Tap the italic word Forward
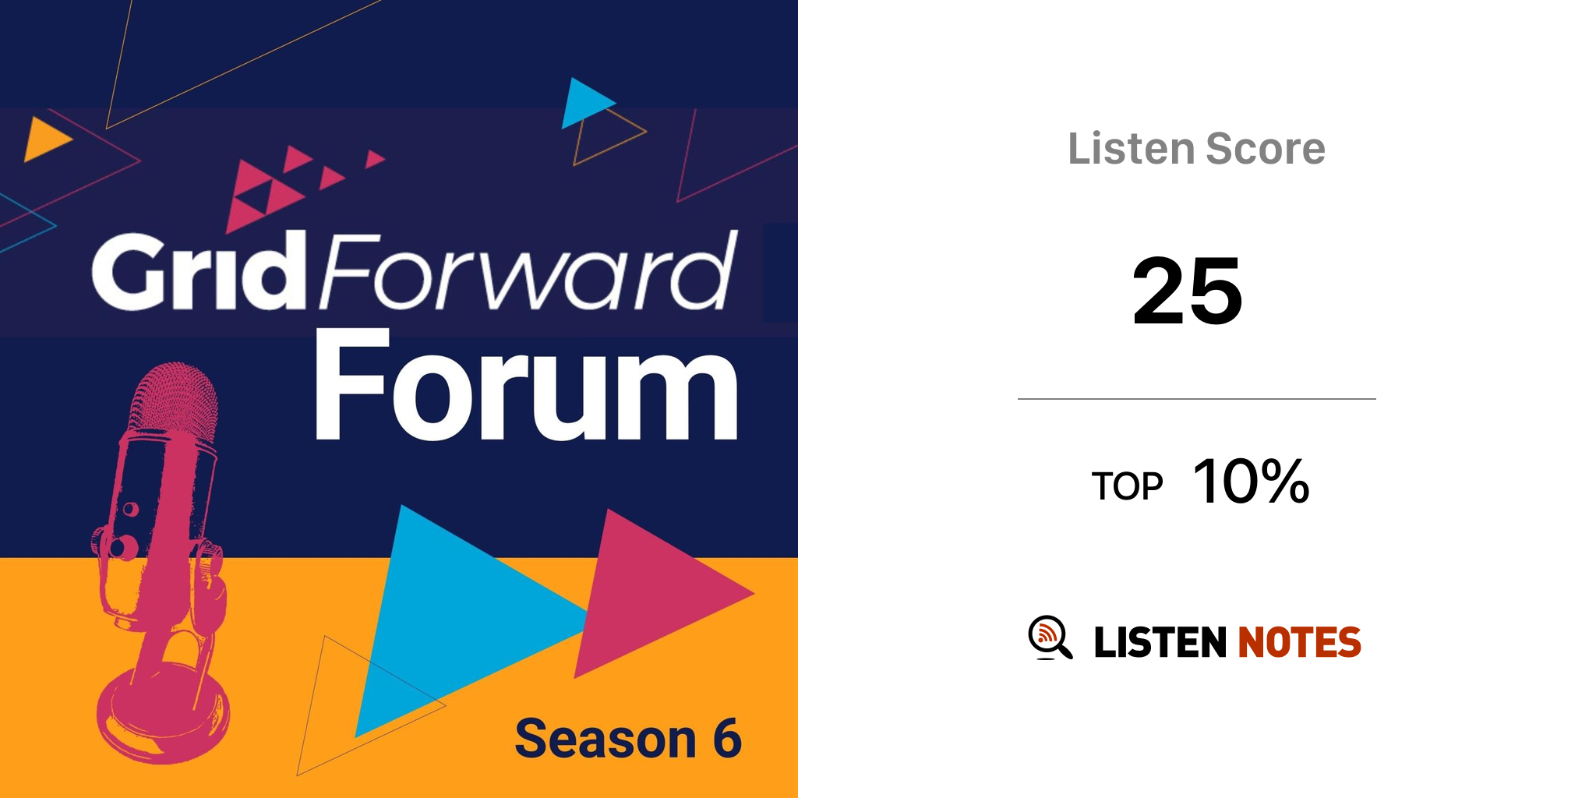[x=527, y=270]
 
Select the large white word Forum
[x=526, y=385]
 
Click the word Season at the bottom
[x=606, y=738]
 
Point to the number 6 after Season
[x=727, y=738]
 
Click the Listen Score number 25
[x=1187, y=291]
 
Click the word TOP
[x=1127, y=486]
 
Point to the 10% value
[x=1252, y=481]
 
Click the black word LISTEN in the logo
[x=1160, y=642]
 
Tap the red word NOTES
[x=1299, y=642]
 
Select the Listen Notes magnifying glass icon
[x=1050, y=637]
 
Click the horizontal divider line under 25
[x=1197, y=399]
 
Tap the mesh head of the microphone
[x=173, y=397]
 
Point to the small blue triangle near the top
[x=584, y=103]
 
